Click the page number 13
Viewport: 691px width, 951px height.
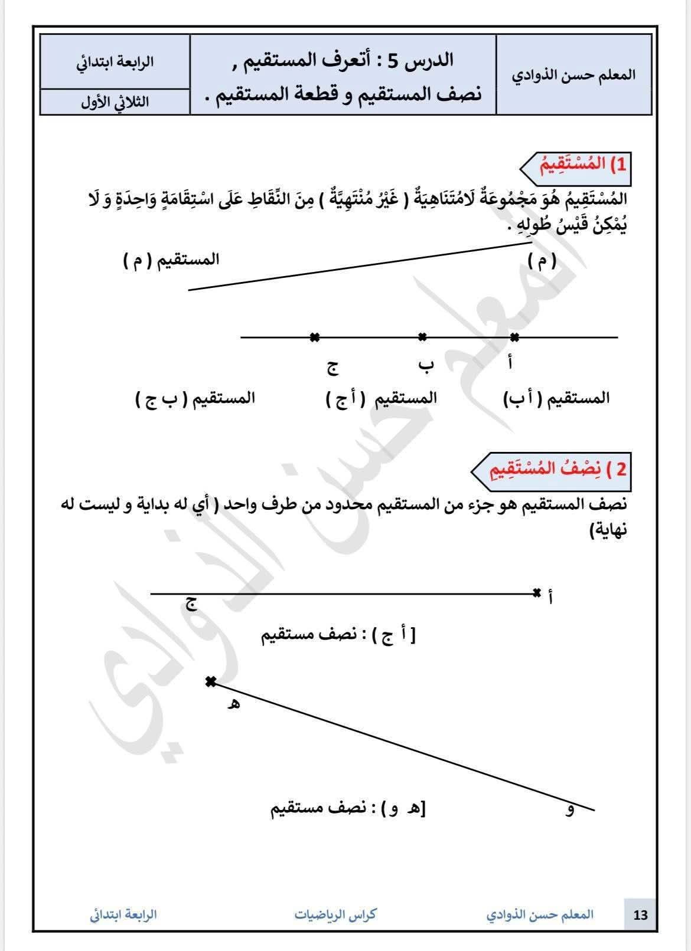tap(640, 915)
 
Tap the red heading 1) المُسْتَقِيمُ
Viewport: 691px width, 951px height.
tap(582, 165)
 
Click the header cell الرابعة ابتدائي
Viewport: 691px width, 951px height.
tap(115, 63)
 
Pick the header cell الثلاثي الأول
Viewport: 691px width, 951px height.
tap(115, 101)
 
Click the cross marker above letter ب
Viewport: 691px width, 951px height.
tap(422, 337)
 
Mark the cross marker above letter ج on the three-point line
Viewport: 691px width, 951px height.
tap(315, 337)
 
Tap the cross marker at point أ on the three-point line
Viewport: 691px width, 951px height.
tap(514, 337)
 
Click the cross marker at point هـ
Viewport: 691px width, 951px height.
tap(210, 682)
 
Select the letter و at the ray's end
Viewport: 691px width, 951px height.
tap(570, 810)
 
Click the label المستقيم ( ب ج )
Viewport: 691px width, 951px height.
tap(195, 398)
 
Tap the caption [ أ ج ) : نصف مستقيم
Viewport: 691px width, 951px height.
tap(339, 635)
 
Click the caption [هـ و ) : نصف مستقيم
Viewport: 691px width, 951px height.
tap(348, 808)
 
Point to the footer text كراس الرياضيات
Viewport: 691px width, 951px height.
tap(335, 915)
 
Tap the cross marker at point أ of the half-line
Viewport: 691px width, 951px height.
tap(536, 593)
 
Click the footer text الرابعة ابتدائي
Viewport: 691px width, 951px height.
tap(123, 915)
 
